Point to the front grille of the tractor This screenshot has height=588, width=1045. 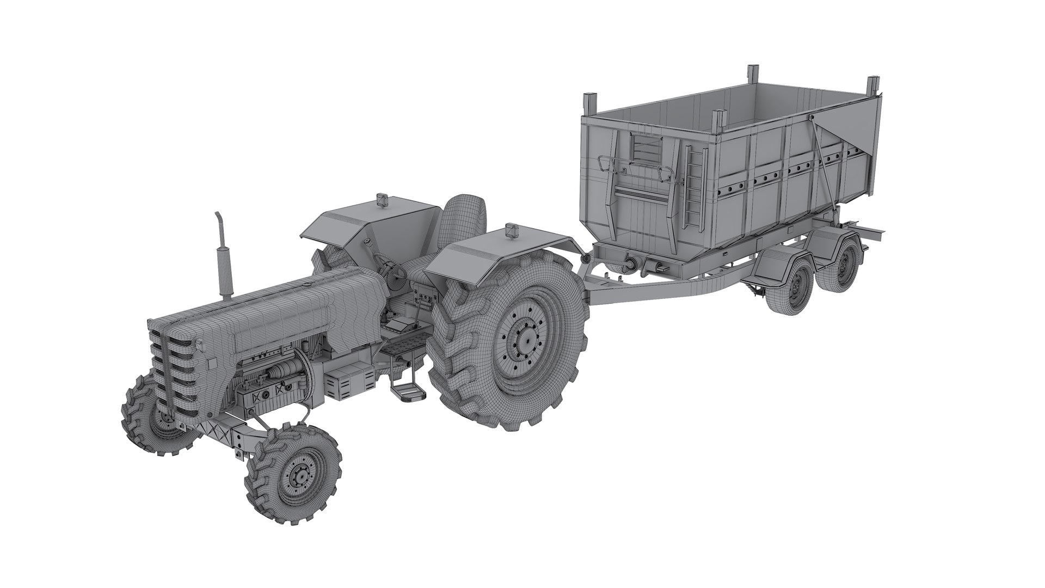pos(173,370)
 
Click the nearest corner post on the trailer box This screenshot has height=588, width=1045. pos(720,128)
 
